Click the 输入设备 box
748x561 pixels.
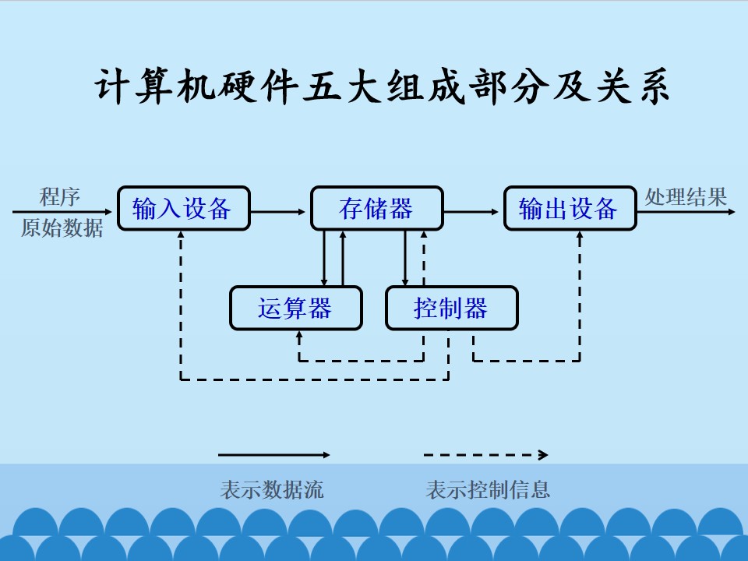coord(184,209)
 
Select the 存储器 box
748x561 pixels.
coord(377,209)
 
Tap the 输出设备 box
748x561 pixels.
coord(570,209)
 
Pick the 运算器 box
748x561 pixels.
coord(296,309)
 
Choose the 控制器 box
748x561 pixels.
coord(451,309)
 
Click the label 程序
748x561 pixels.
coord(60,196)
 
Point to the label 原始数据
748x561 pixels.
coord(62,228)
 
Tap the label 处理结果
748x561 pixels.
coord(686,196)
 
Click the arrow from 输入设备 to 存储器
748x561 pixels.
coord(277,212)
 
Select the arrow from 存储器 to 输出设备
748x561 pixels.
coord(471,212)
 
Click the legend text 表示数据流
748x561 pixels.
coord(272,490)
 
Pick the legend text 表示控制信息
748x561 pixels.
coord(488,490)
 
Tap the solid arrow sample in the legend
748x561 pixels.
coord(273,455)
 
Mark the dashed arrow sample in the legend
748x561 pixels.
coord(485,455)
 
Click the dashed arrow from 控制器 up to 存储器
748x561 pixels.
coord(424,258)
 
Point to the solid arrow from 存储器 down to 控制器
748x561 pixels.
coord(405,258)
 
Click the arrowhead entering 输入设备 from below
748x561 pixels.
coord(181,235)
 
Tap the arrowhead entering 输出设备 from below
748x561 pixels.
coord(580,235)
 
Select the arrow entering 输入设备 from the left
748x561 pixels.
coord(62,212)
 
